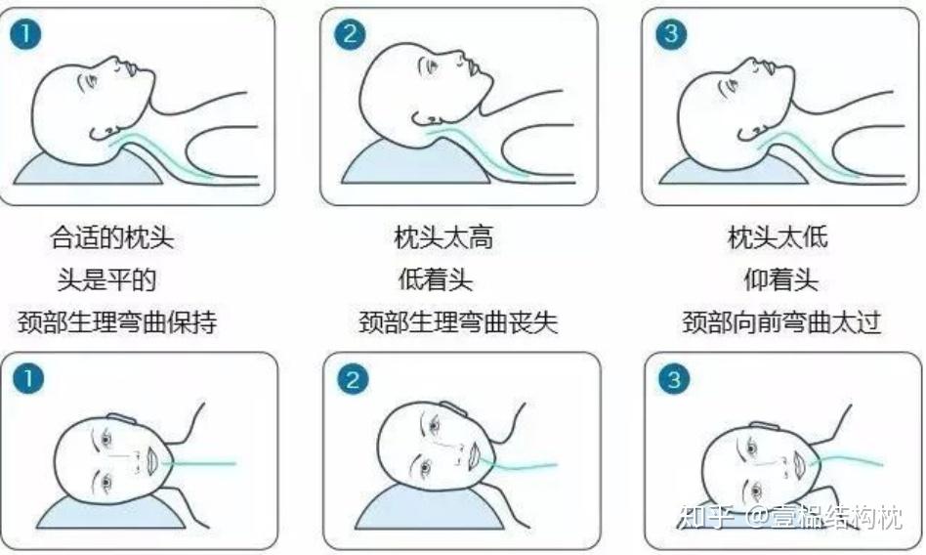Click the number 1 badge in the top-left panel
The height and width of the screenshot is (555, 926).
pos(26,34)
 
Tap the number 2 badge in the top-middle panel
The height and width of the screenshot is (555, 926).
pos(350,33)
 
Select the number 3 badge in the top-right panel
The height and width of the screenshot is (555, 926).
pos(671,33)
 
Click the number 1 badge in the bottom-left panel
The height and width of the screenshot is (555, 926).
pos(27,378)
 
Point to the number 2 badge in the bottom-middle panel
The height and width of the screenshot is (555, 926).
pos(353,379)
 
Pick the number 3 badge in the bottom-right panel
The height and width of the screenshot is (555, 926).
pos(674,379)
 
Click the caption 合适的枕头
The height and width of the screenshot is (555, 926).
pos(112,237)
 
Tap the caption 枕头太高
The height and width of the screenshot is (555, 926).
pos(443,237)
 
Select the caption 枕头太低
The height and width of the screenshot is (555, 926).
pos(778,237)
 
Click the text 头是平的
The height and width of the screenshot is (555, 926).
pos(106,279)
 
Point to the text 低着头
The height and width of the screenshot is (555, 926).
pos(436,279)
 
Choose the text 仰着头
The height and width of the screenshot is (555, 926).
pos(780,279)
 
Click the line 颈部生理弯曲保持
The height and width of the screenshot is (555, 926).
pos(117,322)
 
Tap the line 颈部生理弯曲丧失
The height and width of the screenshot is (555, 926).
pos(458,322)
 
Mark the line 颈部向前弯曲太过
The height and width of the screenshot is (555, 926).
pos(781,322)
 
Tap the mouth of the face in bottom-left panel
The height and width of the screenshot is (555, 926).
pos(151,461)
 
